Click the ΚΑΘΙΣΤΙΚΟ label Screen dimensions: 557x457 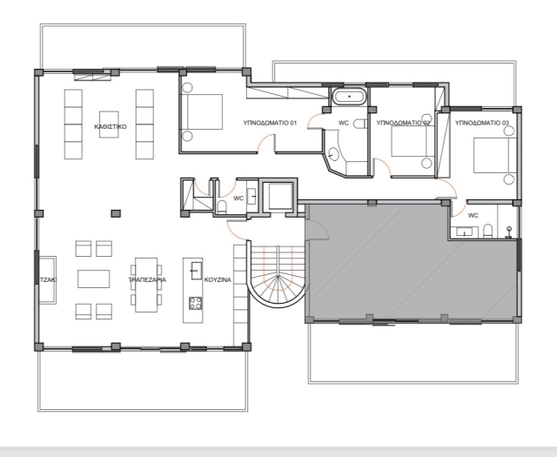coord(111,126)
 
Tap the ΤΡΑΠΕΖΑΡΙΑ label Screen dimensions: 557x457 coord(147,279)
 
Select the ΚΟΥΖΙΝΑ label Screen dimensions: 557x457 coord(218,279)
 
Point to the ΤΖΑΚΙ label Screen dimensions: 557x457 coord(48,279)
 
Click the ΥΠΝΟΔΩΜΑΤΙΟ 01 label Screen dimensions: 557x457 coord(270,123)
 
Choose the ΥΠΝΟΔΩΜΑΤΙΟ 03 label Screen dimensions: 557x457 coord(482,123)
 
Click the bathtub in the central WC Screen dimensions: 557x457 coord(349,97)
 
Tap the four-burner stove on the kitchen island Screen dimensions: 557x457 coord(195,304)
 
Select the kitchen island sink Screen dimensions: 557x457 coord(197,271)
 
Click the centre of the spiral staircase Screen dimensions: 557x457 coord(278,276)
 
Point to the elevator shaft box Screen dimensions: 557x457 coord(280,197)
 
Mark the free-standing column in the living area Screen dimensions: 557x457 coord(116,213)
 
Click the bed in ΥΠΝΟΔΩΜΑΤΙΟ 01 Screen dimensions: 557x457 coord(202,111)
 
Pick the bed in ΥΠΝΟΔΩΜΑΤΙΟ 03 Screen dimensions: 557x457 coord(494,155)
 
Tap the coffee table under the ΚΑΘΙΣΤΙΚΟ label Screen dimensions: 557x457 coord(109,124)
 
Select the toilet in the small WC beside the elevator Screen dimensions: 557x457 coord(222,207)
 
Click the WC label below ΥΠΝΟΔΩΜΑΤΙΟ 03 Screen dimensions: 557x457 coord(473,215)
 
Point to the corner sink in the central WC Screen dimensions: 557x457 coord(333,155)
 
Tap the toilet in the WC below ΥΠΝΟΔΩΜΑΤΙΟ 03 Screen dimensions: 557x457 coord(487,231)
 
